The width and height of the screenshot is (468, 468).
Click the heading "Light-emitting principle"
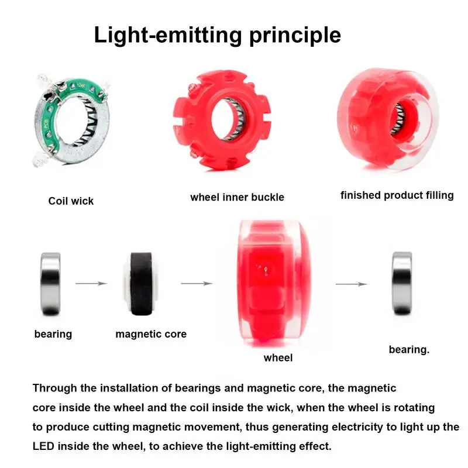tap(217, 35)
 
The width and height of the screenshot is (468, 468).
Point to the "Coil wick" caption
tap(71, 201)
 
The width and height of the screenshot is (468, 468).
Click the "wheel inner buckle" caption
tap(237, 197)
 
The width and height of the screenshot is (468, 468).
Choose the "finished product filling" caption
tap(397, 195)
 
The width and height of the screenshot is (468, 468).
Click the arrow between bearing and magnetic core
tap(91, 284)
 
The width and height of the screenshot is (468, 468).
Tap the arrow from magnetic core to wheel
tap(195, 284)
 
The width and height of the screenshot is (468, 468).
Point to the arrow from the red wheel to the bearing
tap(351, 284)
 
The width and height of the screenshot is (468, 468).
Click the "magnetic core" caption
tap(151, 335)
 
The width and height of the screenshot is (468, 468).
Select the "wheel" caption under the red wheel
tap(278, 357)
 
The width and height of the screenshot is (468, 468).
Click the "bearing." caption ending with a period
tap(409, 350)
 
